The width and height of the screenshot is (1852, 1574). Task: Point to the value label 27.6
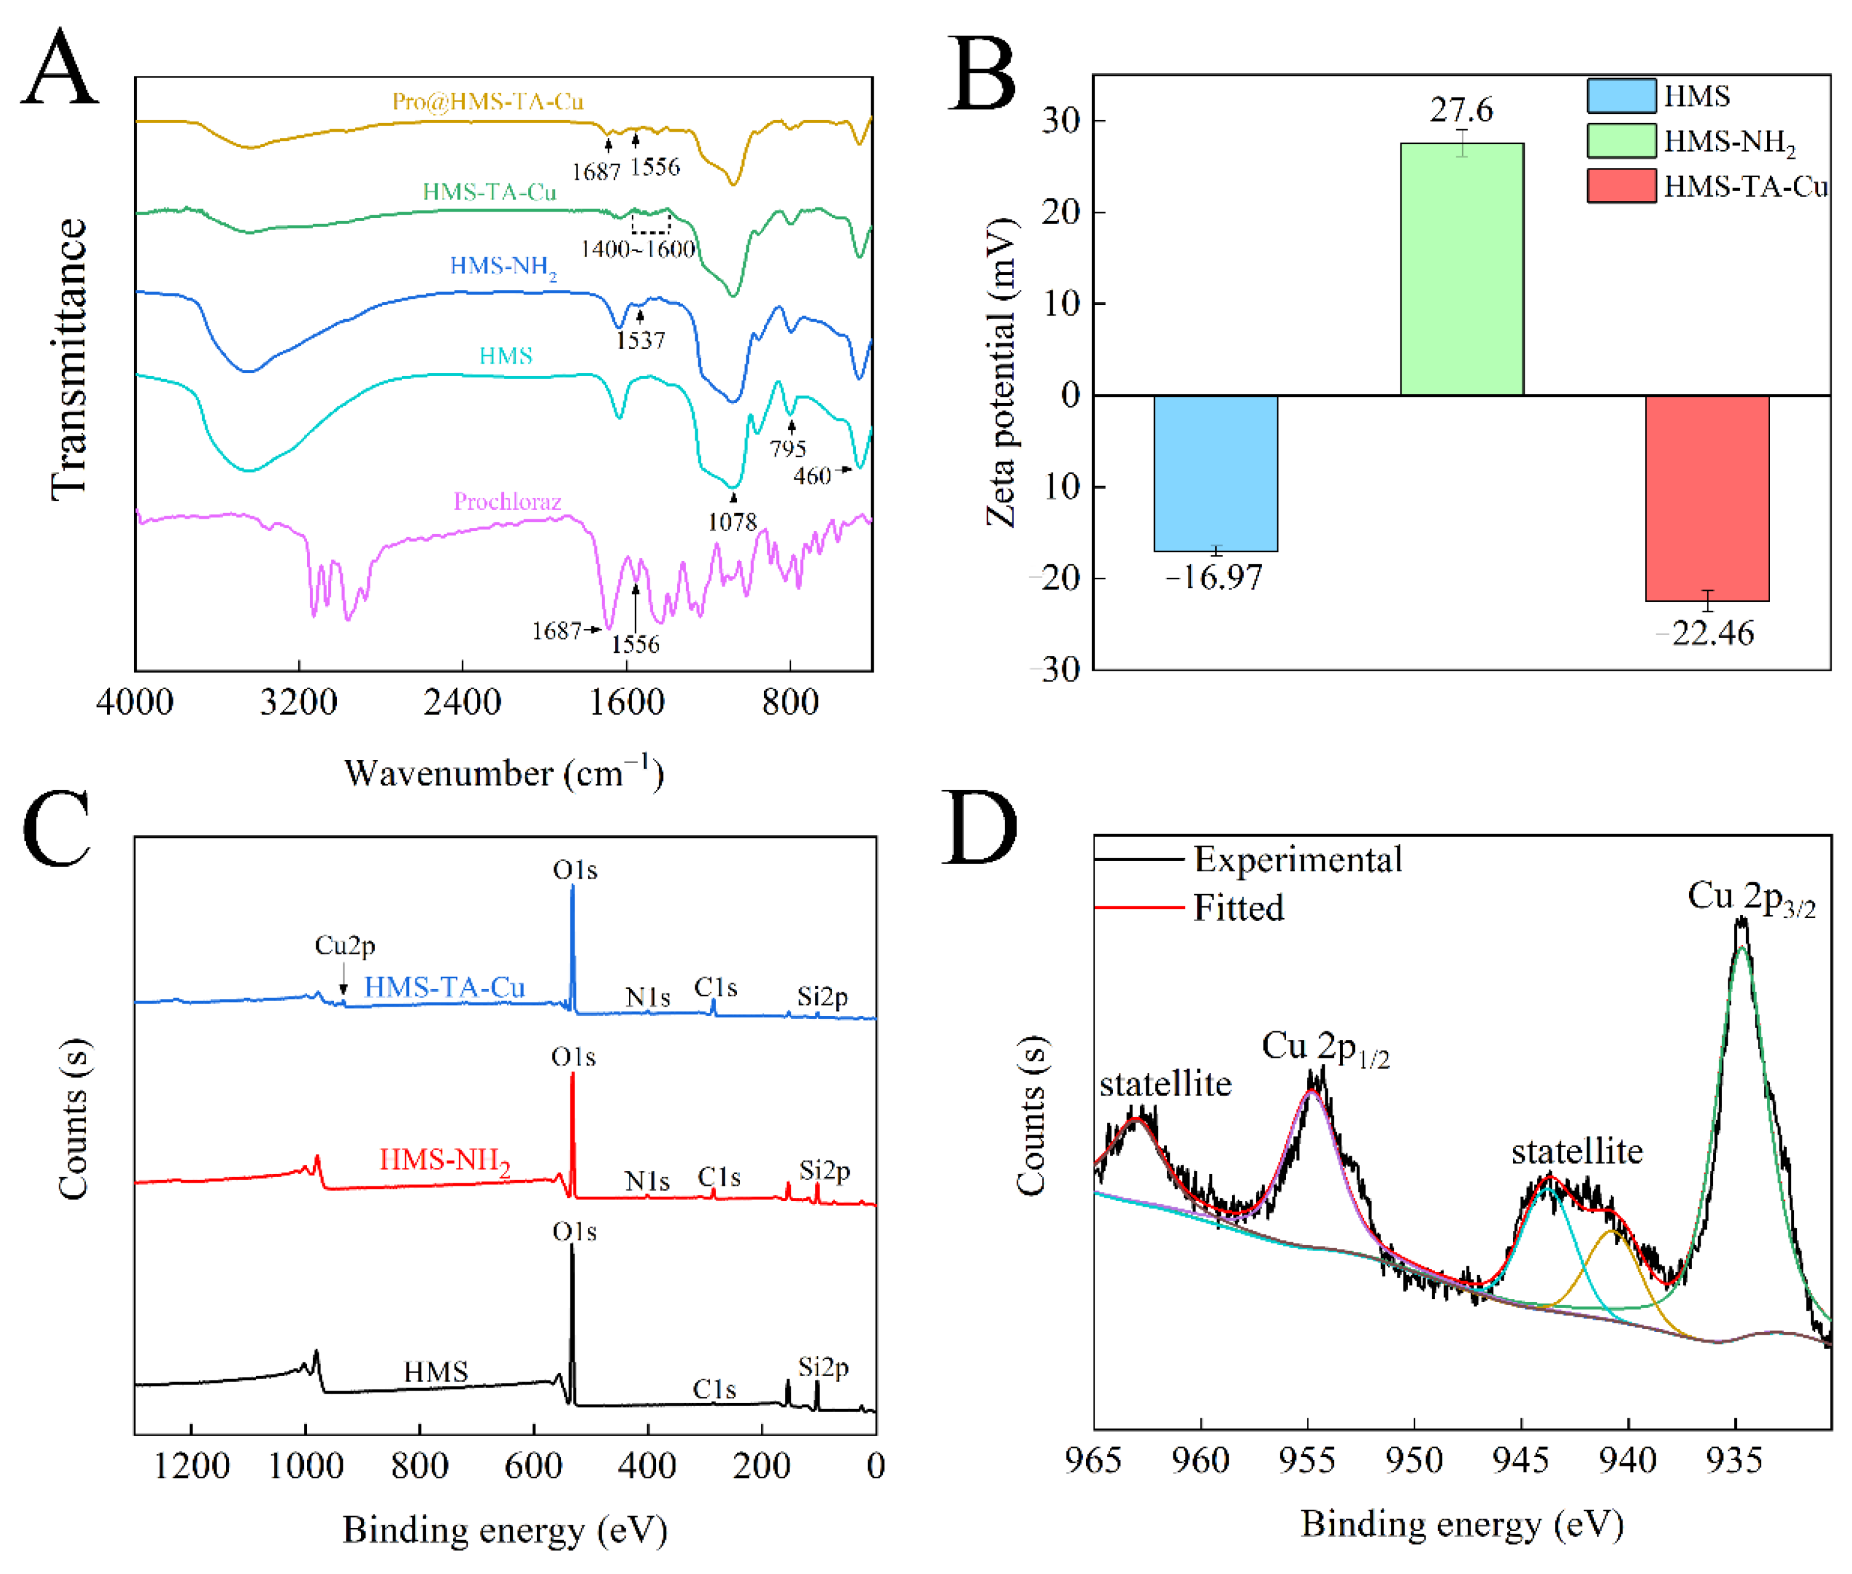click(x=1460, y=110)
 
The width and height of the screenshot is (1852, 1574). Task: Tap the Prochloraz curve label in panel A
click(x=507, y=501)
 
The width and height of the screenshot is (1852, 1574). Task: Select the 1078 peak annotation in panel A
click(x=732, y=522)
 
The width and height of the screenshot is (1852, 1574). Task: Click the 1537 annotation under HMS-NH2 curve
click(x=640, y=340)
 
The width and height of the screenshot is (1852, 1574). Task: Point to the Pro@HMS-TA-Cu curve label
click(x=488, y=101)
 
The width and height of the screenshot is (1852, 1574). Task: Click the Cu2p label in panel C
click(x=345, y=945)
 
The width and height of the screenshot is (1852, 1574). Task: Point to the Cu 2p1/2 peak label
click(x=1324, y=1047)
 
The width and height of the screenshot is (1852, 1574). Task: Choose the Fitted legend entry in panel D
click(x=1237, y=908)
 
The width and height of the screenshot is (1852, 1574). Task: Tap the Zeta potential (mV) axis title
click(x=1001, y=371)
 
